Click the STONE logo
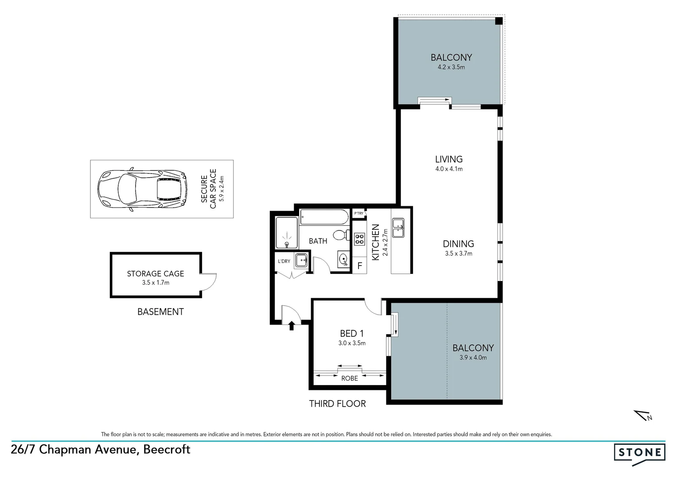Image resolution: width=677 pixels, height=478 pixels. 639,453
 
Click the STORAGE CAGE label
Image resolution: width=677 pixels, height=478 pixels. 155,274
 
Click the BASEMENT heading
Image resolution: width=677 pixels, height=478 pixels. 160,312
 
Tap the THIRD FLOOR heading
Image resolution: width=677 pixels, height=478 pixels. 337,404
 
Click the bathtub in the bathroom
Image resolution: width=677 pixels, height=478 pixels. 325,217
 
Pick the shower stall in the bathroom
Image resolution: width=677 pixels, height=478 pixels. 287,233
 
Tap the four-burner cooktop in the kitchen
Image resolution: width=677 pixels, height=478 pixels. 359,239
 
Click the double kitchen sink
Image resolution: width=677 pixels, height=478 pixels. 398,228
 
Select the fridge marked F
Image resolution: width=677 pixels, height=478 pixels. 360,266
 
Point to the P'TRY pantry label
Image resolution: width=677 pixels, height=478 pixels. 358,213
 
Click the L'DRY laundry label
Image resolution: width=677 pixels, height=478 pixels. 284,261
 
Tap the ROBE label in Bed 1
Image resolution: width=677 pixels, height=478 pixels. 349,378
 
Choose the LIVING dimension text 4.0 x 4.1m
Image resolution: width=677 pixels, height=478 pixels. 448,169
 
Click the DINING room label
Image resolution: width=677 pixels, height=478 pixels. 458,244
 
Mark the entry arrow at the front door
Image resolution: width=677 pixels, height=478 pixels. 292,327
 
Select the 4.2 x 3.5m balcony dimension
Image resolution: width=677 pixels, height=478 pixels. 451,67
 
